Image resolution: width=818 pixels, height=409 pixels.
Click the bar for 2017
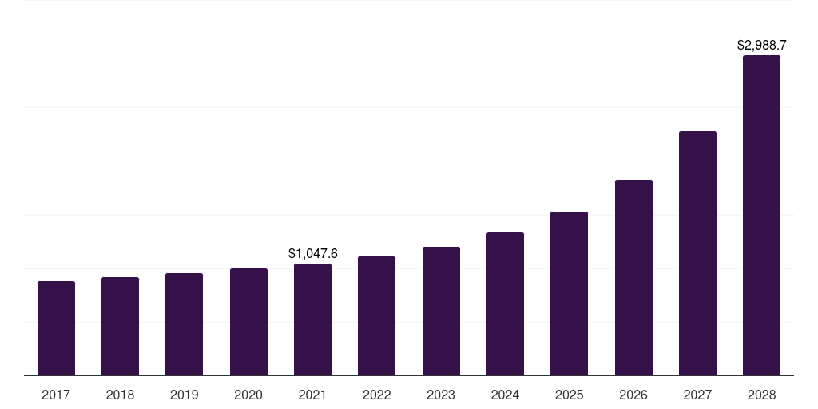pyautogui.click(x=56, y=328)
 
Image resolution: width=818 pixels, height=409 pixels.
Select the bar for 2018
pyautogui.click(x=120, y=326)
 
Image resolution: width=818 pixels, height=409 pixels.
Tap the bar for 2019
pyautogui.click(x=184, y=324)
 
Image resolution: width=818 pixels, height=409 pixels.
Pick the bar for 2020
pyautogui.click(x=248, y=322)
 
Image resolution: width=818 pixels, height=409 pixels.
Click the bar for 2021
pyautogui.click(x=312, y=320)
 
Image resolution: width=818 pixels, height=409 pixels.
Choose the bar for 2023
pyautogui.click(x=441, y=311)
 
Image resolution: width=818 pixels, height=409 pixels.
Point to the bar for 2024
pyautogui.click(x=505, y=304)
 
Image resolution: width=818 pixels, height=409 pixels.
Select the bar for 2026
pyautogui.click(x=633, y=277)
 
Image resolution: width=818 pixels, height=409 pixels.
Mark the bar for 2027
pyautogui.click(x=697, y=253)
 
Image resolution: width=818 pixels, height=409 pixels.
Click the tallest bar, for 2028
pyautogui.click(x=761, y=215)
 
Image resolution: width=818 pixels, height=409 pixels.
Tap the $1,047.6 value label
pyautogui.click(x=312, y=253)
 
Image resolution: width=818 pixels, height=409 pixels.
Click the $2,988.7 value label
pyautogui.click(x=761, y=46)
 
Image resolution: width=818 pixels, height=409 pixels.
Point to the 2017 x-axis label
pyautogui.click(x=56, y=395)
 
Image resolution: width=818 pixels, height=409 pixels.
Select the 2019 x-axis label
pyautogui.click(x=184, y=395)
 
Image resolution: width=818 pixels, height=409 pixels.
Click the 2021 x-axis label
pyautogui.click(x=312, y=395)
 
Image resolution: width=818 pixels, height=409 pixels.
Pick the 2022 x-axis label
pyautogui.click(x=376, y=395)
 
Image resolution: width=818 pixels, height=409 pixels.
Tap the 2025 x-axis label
pyautogui.click(x=569, y=395)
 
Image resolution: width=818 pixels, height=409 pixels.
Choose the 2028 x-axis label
pyautogui.click(x=761, y=395)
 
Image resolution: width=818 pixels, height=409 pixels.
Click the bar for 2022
pyautogui.click(x=376, y=316)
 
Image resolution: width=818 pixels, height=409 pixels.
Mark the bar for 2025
pyautogui.click(x=569, y=293)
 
